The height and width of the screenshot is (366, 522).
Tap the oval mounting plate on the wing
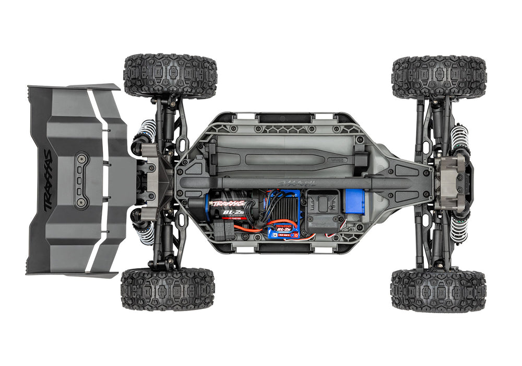click(x=81, y=181)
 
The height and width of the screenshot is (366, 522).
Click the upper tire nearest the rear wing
click(x=170, y=76)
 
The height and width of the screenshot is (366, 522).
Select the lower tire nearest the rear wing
click(x=168, y=289)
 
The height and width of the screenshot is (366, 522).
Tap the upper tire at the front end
click(x=439, y=77)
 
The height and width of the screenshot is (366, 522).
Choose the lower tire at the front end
click(x=438, y=291)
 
